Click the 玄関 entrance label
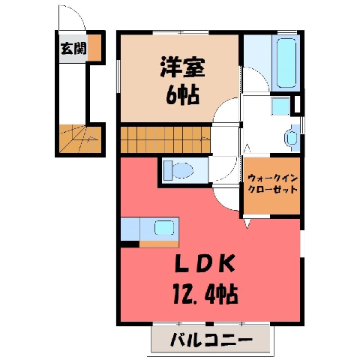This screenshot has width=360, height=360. point(73,48)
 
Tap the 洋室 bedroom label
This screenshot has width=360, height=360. point(182,67)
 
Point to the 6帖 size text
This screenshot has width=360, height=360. point(182,95)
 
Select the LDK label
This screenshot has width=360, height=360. point(205,262)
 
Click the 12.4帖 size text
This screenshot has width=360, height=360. point(205,295)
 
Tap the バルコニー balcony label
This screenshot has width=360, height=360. point(211,339)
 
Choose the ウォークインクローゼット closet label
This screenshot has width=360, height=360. point(272,184)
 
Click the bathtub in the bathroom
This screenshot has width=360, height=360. point(286,63)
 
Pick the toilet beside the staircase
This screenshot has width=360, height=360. point(178,170)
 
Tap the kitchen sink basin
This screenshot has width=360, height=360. point(164,227)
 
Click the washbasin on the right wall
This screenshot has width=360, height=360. point(292,138)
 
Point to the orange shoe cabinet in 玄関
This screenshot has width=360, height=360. point(94,47)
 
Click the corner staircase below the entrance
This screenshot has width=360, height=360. point(80,139)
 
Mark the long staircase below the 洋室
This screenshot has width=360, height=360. point(166,139)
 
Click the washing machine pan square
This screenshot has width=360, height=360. point(280,106)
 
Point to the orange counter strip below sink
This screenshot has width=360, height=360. point(159,244)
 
